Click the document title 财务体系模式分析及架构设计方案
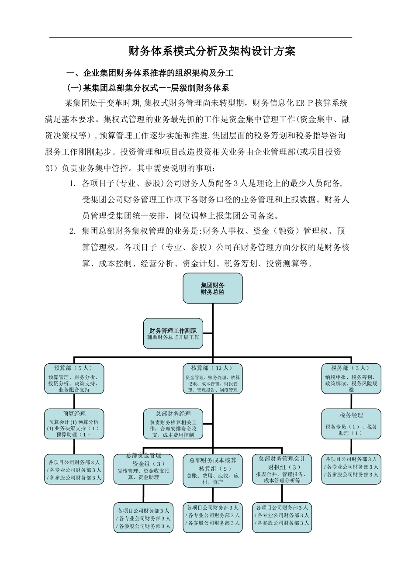(212, 52)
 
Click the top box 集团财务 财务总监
(212, 288)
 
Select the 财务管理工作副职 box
(173, 334)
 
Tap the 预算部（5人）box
(74, 379)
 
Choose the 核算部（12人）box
(212, 379)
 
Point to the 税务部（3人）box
(351, 379)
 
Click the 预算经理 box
(74, 424)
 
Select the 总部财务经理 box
(173, 424)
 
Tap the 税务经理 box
(351, 424)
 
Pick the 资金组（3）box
(144, 470)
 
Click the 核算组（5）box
(212, 471)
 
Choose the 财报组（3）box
(282, 470)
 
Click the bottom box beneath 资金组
(144, 518)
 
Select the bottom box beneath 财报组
(282, 518)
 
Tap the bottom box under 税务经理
(351, 469)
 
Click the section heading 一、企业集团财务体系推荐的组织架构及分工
(150, 73)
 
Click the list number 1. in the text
(73, 183)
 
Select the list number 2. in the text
(73, 231)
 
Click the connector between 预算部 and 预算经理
(74, 401)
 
